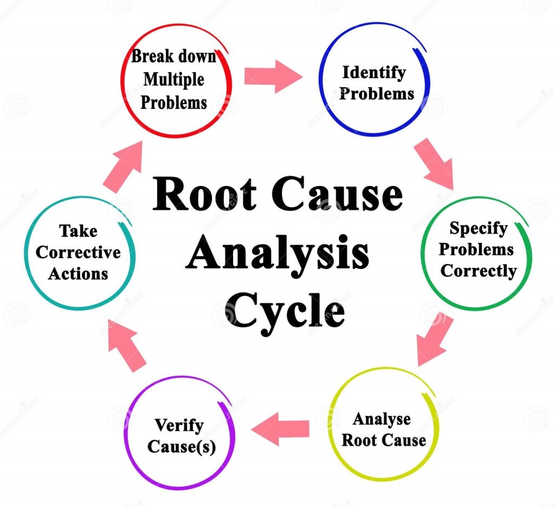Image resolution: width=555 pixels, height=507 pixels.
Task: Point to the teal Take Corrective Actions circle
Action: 79,253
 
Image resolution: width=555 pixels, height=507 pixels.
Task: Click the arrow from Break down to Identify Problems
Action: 273,76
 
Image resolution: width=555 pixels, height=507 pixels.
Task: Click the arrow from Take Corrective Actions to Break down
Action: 122,168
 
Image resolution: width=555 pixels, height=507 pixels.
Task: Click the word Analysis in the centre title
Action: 277,254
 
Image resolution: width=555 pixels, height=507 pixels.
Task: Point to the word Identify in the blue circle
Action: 374,72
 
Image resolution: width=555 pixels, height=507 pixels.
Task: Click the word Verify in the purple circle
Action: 179,424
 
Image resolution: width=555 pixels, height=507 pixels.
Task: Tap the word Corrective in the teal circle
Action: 78,253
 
